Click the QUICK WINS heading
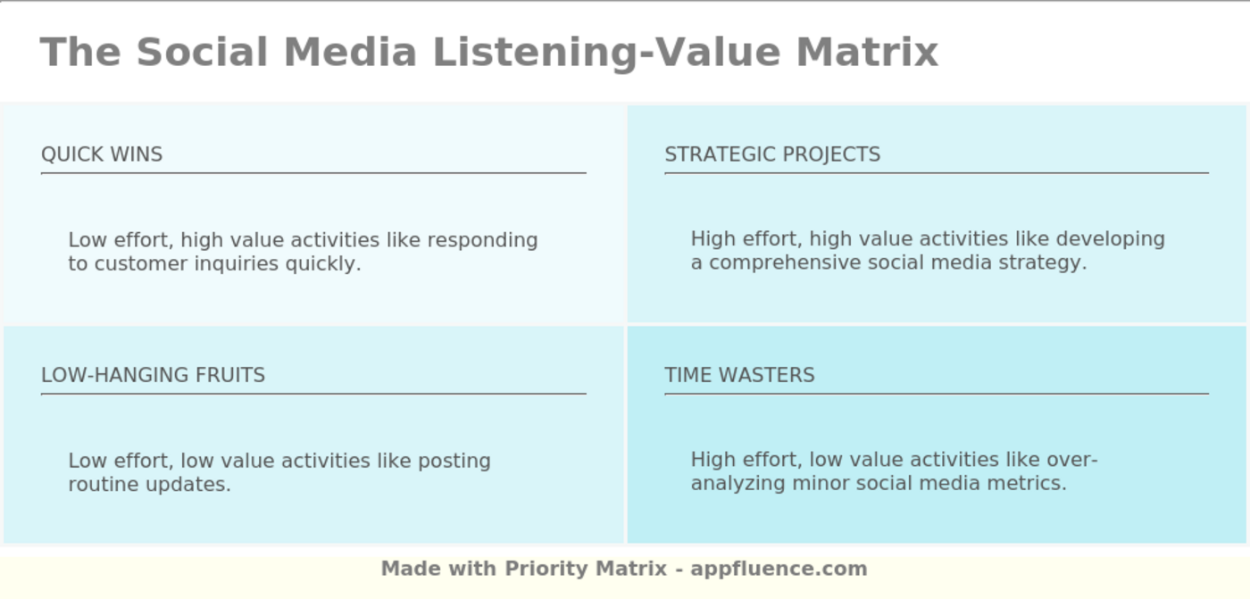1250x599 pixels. click(x=102, y=154)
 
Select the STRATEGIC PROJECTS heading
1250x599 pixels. click(x=772, y=154)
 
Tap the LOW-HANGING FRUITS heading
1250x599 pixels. click(x=153, y=375)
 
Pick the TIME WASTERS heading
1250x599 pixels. click(x=739, y=375)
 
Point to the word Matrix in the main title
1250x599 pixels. click(x=867, y=52)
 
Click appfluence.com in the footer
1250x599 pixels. click(x=779, y=569)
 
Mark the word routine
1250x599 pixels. click(x=104, y=485)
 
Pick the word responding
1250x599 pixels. click(x=483, y=240)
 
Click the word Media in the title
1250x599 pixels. click(x=351, y=52)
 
